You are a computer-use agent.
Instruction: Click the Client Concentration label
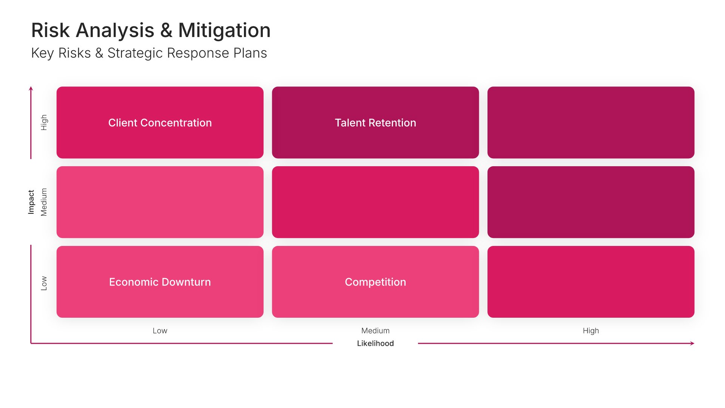tap(160, 123)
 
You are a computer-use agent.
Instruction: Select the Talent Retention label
tap(375, 123)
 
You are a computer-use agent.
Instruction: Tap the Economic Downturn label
tap(160, 282)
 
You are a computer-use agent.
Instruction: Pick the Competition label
tap(375, 282)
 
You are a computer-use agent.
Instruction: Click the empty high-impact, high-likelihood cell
tap(591, 122)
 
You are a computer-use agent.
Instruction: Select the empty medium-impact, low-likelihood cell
tap(160, 202)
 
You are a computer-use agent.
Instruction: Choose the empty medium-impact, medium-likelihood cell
tap(375, 202)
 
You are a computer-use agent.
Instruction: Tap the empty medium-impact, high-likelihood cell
tap(591, 202)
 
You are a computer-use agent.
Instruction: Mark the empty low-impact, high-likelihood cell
tap(591, 282)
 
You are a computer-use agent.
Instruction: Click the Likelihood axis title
tap(375, 343)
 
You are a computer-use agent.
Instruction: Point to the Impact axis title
tap(31, 202)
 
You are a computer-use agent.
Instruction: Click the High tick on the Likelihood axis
tap(591, 331)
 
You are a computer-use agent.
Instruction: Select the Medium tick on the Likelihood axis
tap(375, 331)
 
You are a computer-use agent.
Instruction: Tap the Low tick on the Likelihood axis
tap(160, 331)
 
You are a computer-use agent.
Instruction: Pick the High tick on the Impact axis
tap(44, 122)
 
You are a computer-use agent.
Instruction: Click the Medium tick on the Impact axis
tap(44, 202)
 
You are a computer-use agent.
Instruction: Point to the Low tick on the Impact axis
tap(44, 283)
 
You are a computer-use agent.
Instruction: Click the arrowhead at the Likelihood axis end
tap(692, 343)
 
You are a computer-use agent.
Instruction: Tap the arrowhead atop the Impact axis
tap(31, 89)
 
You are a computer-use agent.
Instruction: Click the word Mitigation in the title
tap(224, 30)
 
